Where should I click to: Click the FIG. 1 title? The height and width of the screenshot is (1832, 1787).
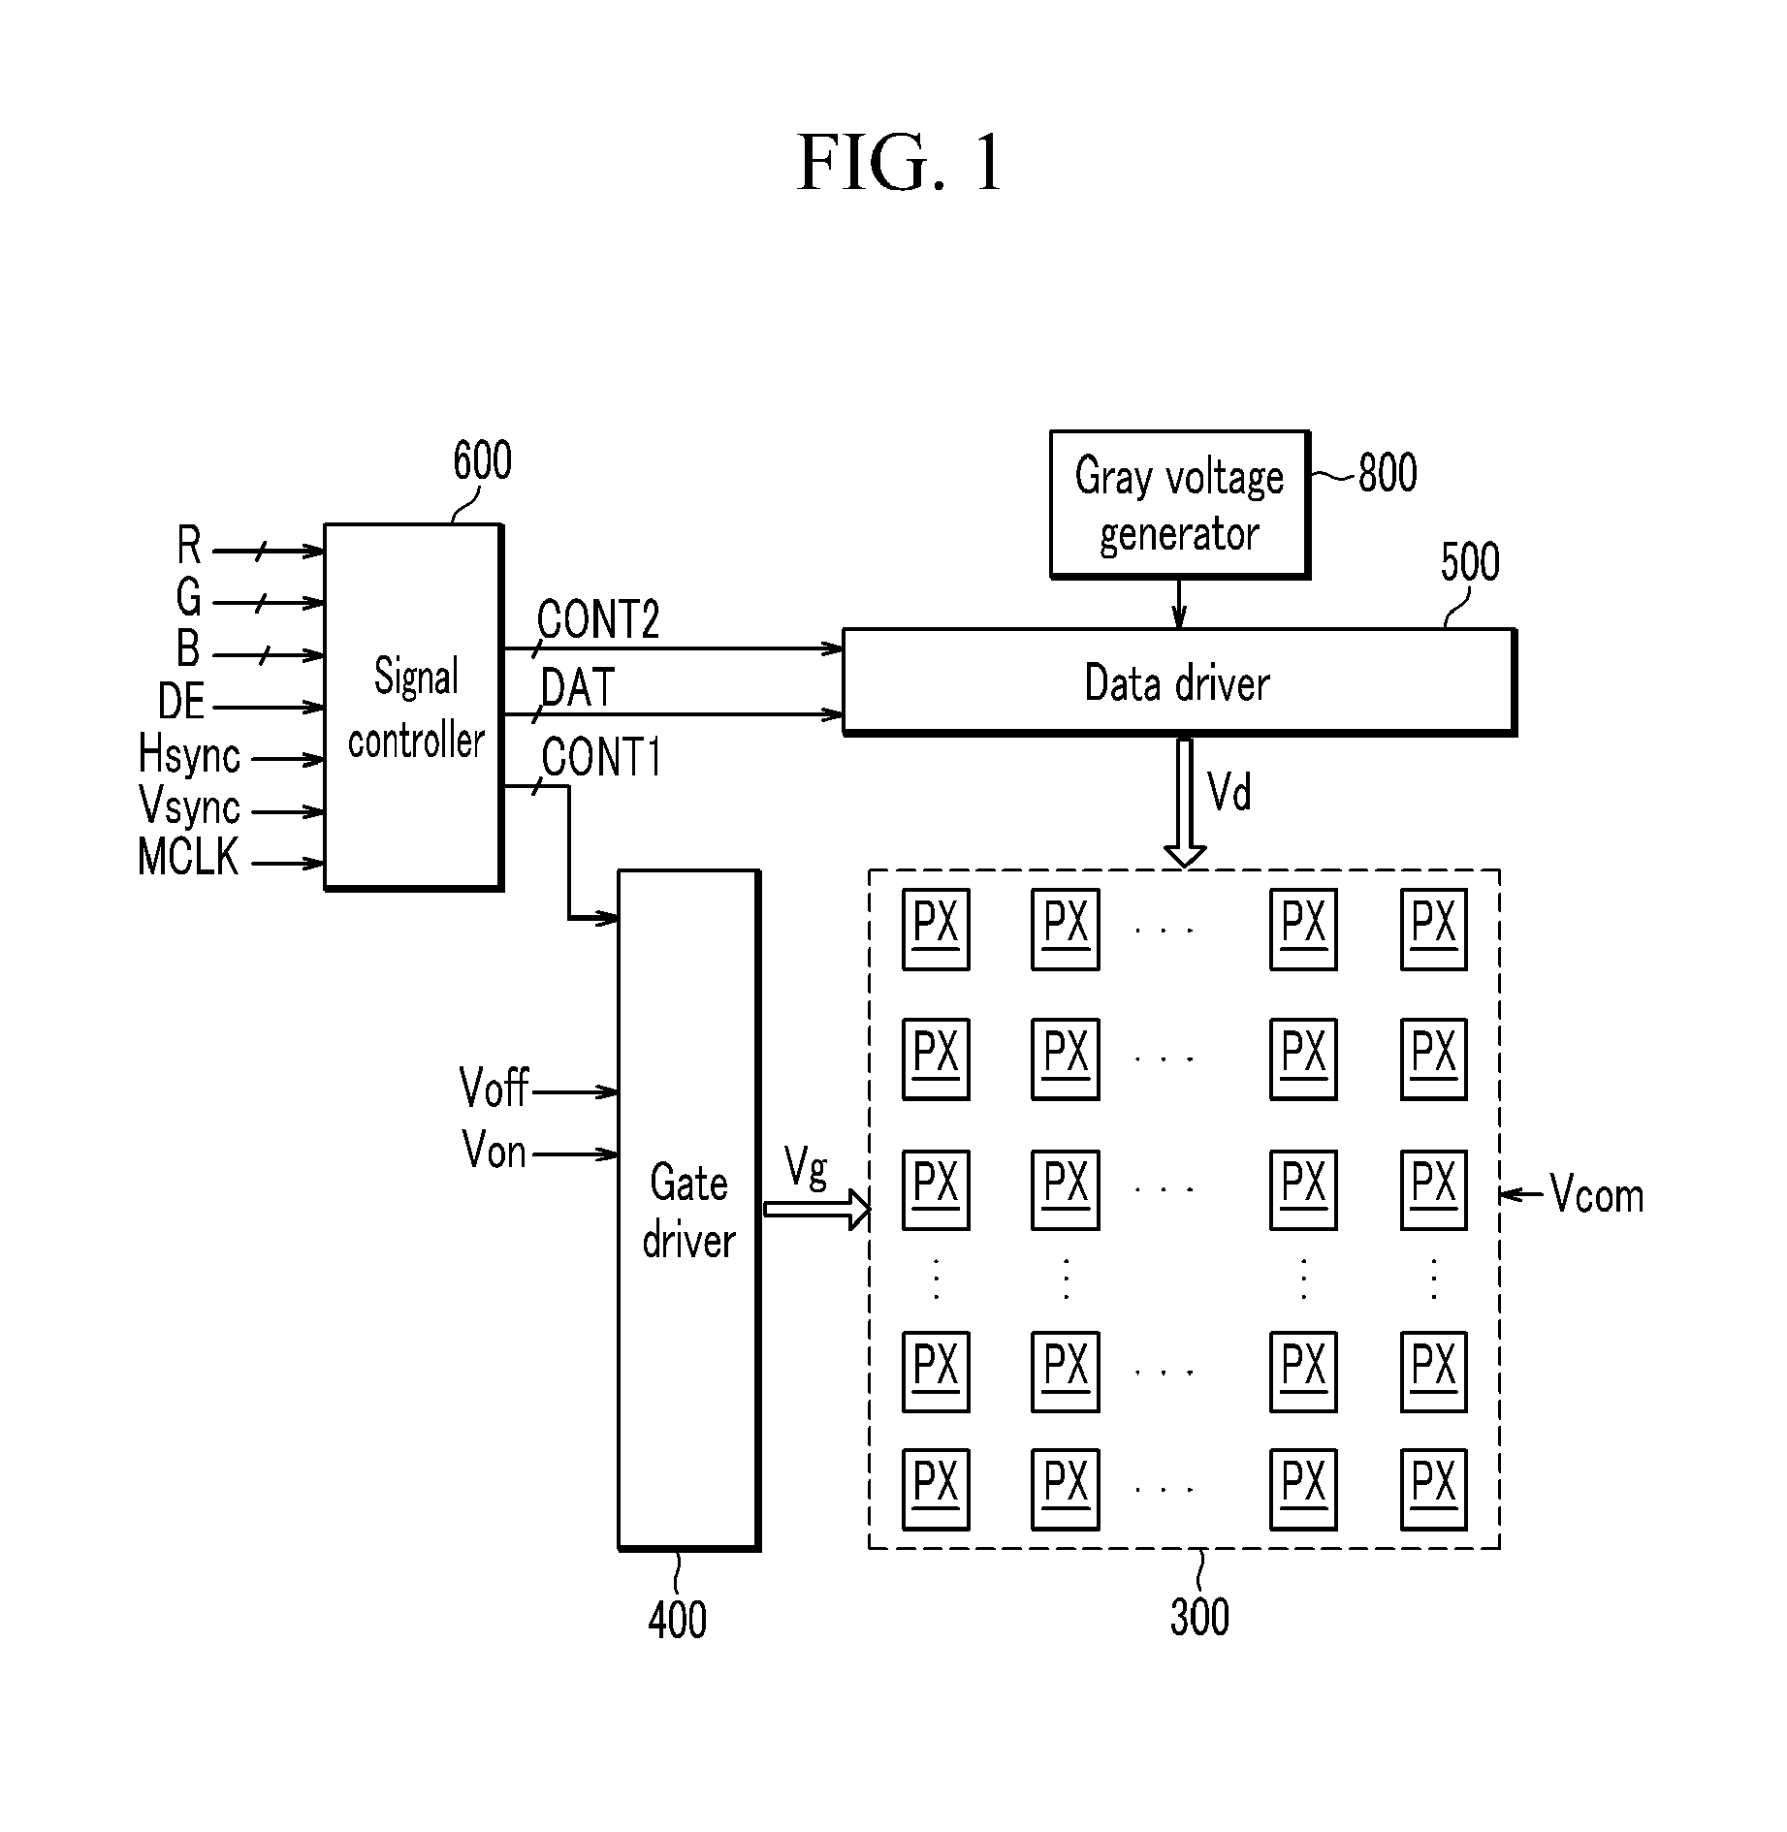(x=899, y=163)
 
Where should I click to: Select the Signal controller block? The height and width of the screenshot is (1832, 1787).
(x=413, y=707)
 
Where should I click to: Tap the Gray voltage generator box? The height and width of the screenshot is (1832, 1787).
(x=1180, y=504)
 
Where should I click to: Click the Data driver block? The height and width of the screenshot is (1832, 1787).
(x=1179, y=682)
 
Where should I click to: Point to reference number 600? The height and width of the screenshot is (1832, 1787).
(x=482, y=461)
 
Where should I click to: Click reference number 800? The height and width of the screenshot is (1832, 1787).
(x=1388, y=474)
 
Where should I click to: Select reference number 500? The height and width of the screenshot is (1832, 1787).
(x=1470, y=562)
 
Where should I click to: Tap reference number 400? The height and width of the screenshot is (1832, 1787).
(x=677, y=1620)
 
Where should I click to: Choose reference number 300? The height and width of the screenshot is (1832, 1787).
(x=1199, y=1617)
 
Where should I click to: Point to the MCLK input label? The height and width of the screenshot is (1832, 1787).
(x=188, y=857)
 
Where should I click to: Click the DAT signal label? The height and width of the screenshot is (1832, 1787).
(x=578, y=687)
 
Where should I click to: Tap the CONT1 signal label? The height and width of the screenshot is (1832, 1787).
(x=601, y=757)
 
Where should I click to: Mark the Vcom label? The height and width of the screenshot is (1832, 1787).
(x=1597, y=1194)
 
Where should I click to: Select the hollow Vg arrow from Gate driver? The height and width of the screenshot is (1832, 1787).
(x=818, y=1209)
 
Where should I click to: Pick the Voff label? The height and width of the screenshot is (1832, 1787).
(x=495, y=1088)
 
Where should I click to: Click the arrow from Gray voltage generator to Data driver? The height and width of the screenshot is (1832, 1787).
(x=1178, y=604)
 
